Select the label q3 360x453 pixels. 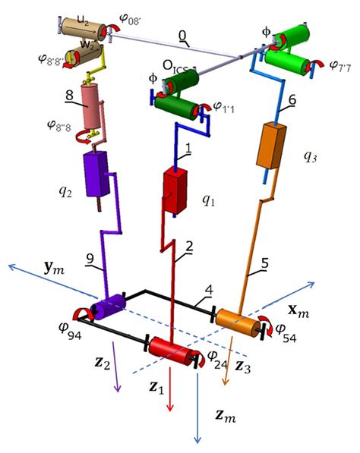pyautogui.click(x=311, y=156)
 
